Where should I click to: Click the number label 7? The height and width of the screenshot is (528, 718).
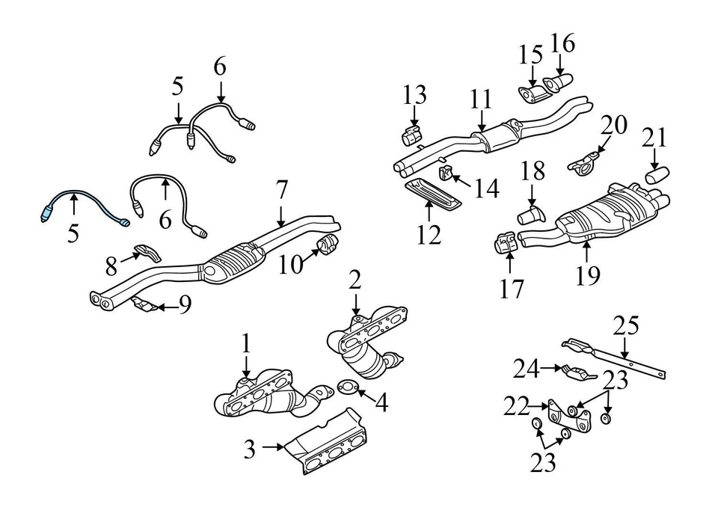(x=281, y=191)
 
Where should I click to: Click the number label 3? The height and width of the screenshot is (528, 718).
(x=250, y=449)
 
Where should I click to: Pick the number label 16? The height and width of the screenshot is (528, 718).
(x=562, y=44)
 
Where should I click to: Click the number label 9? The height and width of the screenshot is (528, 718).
(x=185, y=304)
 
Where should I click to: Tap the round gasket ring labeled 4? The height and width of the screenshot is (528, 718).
(x=349, y=387)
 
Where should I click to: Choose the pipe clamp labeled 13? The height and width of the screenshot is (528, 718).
(x=411, y=136)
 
